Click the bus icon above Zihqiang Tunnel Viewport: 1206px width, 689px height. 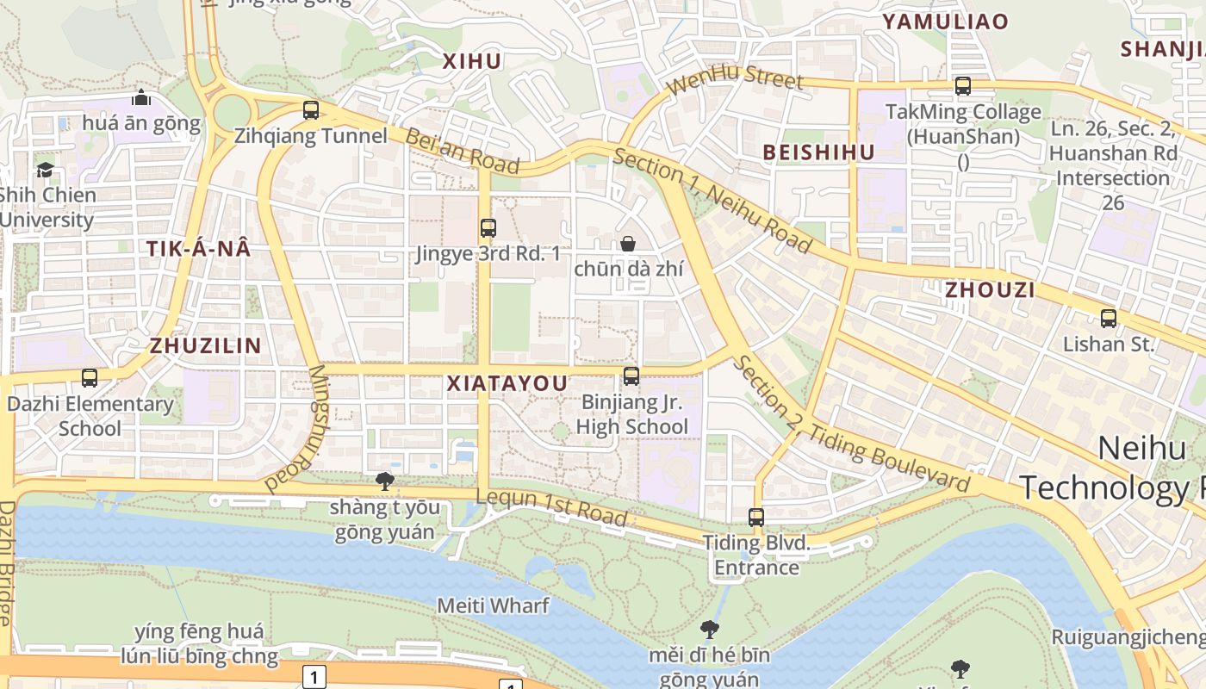(x=311, y=110)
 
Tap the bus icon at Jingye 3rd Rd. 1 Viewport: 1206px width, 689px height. (x=488, y=228)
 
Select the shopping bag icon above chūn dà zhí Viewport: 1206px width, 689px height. (x=628, y=244)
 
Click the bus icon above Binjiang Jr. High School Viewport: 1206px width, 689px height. (x=631, y=376)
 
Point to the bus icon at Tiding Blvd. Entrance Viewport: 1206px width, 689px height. (x=756, y=518)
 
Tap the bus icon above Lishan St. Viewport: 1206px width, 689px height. (x=1109, y=318)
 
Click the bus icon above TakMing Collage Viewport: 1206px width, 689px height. (x=963, y=86)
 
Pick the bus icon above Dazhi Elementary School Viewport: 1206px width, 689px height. (x=90, y=377)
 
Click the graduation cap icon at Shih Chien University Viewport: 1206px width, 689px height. (x=45, y=170)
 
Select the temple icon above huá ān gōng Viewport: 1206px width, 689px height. (x=141, y=97)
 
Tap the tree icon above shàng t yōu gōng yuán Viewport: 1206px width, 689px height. (x=385, y=481)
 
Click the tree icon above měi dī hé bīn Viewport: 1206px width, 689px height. (x=710, y=630)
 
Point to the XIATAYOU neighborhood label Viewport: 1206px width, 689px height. (x=507, y=383)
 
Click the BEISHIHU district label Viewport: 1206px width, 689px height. (x=818, y=152)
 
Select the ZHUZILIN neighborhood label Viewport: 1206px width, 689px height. (x=205, y=346)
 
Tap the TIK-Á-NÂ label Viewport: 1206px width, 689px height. (x=198, y=249)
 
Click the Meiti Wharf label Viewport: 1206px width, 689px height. (x=493, y=605)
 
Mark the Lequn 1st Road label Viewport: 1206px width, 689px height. (x=551, y=507)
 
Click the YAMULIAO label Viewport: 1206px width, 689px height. (x=944, y=22)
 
